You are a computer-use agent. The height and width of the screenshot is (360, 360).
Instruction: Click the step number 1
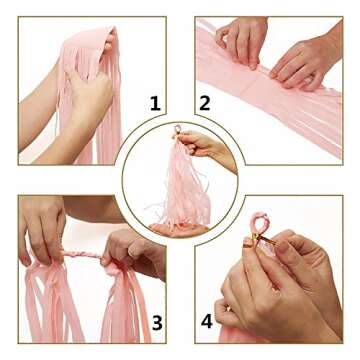coord(155,102)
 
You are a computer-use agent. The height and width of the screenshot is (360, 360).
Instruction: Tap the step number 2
coord(204,102)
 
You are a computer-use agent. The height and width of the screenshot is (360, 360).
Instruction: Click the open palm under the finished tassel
coord(180,229)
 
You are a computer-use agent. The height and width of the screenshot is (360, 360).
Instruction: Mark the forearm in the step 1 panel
coord(40,110)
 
